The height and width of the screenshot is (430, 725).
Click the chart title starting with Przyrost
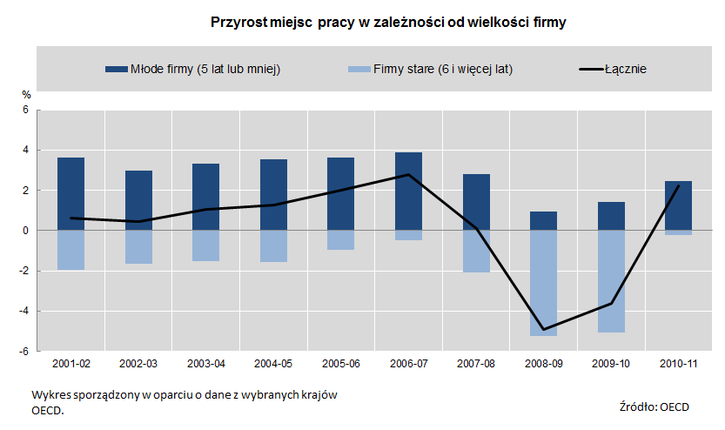point(388,22)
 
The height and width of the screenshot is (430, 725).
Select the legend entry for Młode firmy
point(191,69)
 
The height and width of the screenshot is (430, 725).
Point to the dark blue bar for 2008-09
point(543,221)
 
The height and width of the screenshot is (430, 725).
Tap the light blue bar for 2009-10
point(611,281)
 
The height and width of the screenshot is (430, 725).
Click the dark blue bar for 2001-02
point(70,194)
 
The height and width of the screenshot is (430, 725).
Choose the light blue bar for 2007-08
point(476,252)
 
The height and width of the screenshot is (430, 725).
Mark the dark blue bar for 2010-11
point(678,205)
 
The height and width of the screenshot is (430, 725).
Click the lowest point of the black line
point(543,330)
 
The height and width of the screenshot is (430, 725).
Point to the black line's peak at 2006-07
point(408,174)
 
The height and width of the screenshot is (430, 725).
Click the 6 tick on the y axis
point(26,111)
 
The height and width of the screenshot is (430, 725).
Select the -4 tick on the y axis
point(24,311)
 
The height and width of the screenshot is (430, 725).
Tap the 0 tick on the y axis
point(26,231)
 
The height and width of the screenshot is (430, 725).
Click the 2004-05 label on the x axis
point(273,362)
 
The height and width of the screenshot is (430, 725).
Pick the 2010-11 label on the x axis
point(678,362)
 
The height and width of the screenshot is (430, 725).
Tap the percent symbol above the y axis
point(26,94)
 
